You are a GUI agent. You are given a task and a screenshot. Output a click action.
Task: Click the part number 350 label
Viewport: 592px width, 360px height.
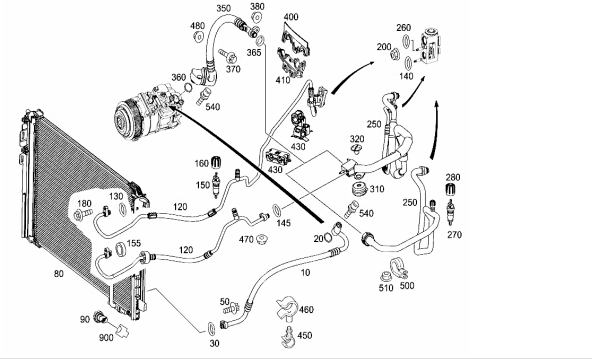(x=224, y=8)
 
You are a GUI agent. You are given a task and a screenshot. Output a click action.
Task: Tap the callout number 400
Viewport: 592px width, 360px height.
(x=291, y=17)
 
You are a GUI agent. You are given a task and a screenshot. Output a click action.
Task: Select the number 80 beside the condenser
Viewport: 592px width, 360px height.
(x=59, y=274)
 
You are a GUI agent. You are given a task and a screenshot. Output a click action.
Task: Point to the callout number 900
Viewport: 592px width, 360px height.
(x=106, y=337)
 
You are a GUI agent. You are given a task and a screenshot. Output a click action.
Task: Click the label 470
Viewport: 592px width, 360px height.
(x=246, y=239)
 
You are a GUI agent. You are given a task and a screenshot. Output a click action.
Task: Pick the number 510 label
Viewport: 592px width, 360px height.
(x=386, y=288)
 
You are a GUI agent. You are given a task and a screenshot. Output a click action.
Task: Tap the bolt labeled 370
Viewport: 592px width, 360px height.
(x=227, y=57)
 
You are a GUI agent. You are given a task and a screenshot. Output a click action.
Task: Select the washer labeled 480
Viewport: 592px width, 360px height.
(x=199, y=37)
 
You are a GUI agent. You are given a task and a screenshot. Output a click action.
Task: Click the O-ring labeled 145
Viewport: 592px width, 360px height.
(x=276, y=209)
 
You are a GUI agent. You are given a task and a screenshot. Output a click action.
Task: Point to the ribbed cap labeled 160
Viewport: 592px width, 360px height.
(x=216, y=162)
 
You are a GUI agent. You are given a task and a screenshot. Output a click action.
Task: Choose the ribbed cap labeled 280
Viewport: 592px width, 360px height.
(x=450, y=188)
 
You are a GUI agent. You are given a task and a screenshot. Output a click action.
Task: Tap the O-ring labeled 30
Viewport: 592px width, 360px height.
(x=211, y=328)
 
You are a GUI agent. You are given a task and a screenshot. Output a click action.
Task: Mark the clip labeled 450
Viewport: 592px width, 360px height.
(x=289, y=337)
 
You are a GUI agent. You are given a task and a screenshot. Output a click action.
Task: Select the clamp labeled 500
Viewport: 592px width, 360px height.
(x=399, y=266)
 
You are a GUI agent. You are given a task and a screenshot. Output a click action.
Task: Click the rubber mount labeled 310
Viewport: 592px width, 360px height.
(x=361, y=189)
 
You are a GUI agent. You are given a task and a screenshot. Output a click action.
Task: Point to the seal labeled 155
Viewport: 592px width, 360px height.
(x=120, y=249)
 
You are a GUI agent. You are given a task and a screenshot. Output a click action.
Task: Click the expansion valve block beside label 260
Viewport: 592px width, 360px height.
(x=431, y=46)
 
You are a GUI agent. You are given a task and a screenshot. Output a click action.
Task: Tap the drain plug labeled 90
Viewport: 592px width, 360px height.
(x=100, y=316)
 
